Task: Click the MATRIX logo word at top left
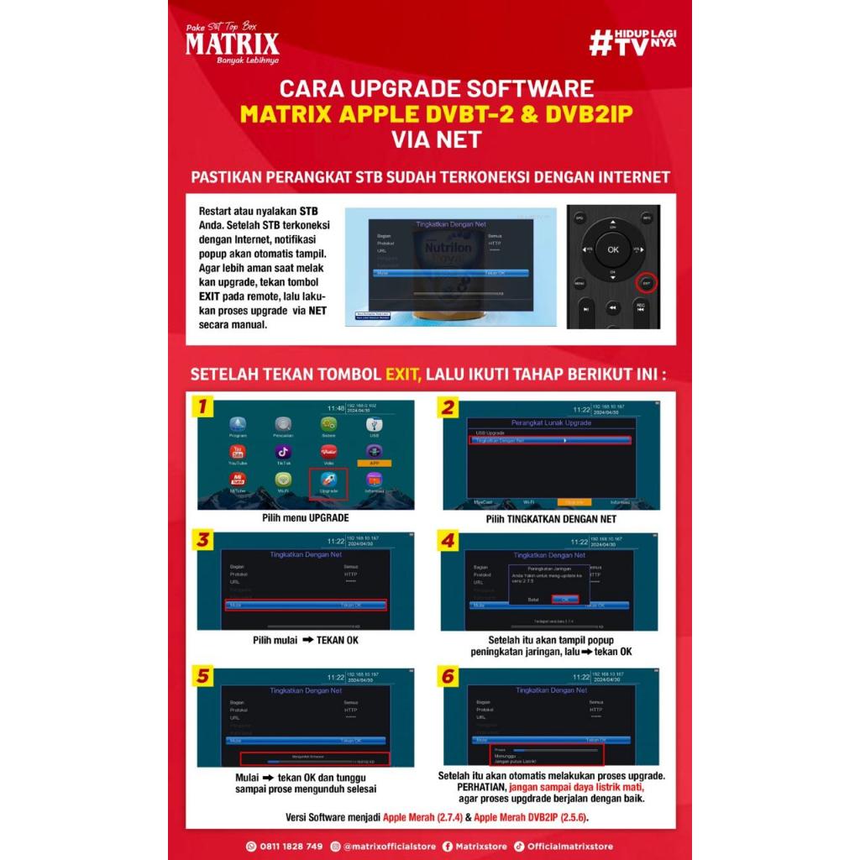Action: (232, 43)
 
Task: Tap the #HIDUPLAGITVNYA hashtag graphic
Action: (632, 42)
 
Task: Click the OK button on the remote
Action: (613, 249)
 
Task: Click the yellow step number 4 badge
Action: (448, 541)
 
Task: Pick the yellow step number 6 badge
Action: (448, 677)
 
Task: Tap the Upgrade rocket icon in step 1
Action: (328, 481)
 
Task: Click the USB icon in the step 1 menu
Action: (374, 427)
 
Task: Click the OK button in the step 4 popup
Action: (565, 599)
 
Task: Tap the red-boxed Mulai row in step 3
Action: (306, 605)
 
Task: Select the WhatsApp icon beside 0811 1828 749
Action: (250, 846)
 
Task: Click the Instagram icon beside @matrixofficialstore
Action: (336, 846)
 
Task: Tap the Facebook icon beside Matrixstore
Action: (447, 846)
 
